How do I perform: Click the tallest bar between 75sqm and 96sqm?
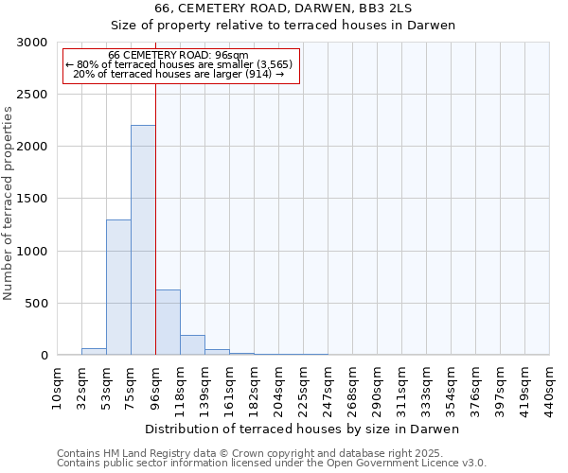pos(143,240)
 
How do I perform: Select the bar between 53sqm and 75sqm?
pos(118,288)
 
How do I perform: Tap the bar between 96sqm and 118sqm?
pos(168,323)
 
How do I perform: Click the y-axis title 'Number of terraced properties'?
pos(9,202)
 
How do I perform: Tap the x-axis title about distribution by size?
pos(302,429)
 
